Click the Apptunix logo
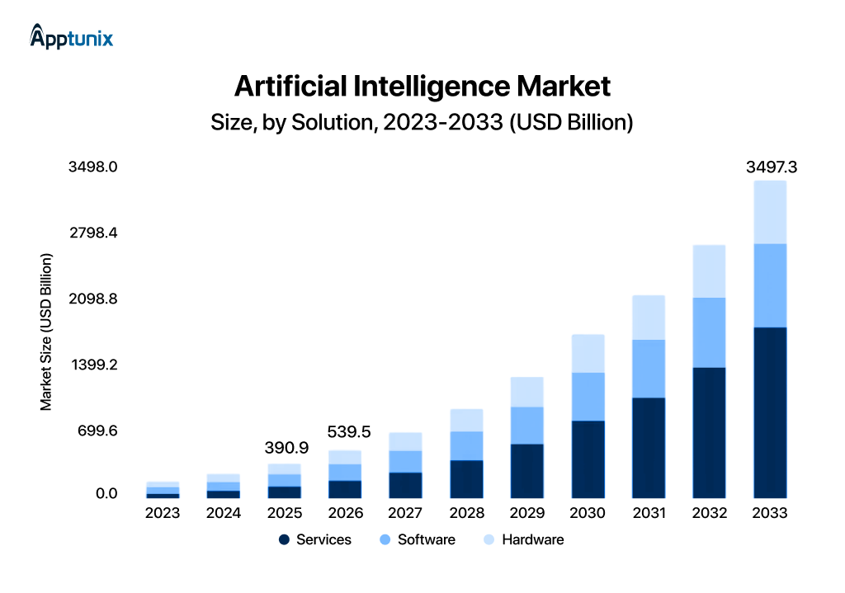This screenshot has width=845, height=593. click(71, 37)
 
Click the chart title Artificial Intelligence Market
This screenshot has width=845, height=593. click(422, 86)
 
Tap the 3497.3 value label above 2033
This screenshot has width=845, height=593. click(771, 167)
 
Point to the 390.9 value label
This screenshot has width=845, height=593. click(286, 448)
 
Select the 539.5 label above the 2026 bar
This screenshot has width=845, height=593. click(349, 431)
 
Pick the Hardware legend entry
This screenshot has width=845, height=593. click(522, 539)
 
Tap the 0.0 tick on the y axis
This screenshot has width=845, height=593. click(106, 494)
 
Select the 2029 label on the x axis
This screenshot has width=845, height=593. click(527, 513)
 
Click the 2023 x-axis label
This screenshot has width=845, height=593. click(163, 513)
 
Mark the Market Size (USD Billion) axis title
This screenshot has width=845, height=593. click(46, 332)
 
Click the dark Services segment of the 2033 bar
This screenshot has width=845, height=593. click(770, 412)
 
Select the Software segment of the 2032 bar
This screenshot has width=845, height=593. click(709, 332)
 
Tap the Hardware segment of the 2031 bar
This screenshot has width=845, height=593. click(649, 318)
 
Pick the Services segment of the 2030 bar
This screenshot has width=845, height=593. click(588, 459)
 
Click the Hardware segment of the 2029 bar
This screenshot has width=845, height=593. click(527, 392)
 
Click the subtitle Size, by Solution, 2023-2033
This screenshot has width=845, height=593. click(422, 123)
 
